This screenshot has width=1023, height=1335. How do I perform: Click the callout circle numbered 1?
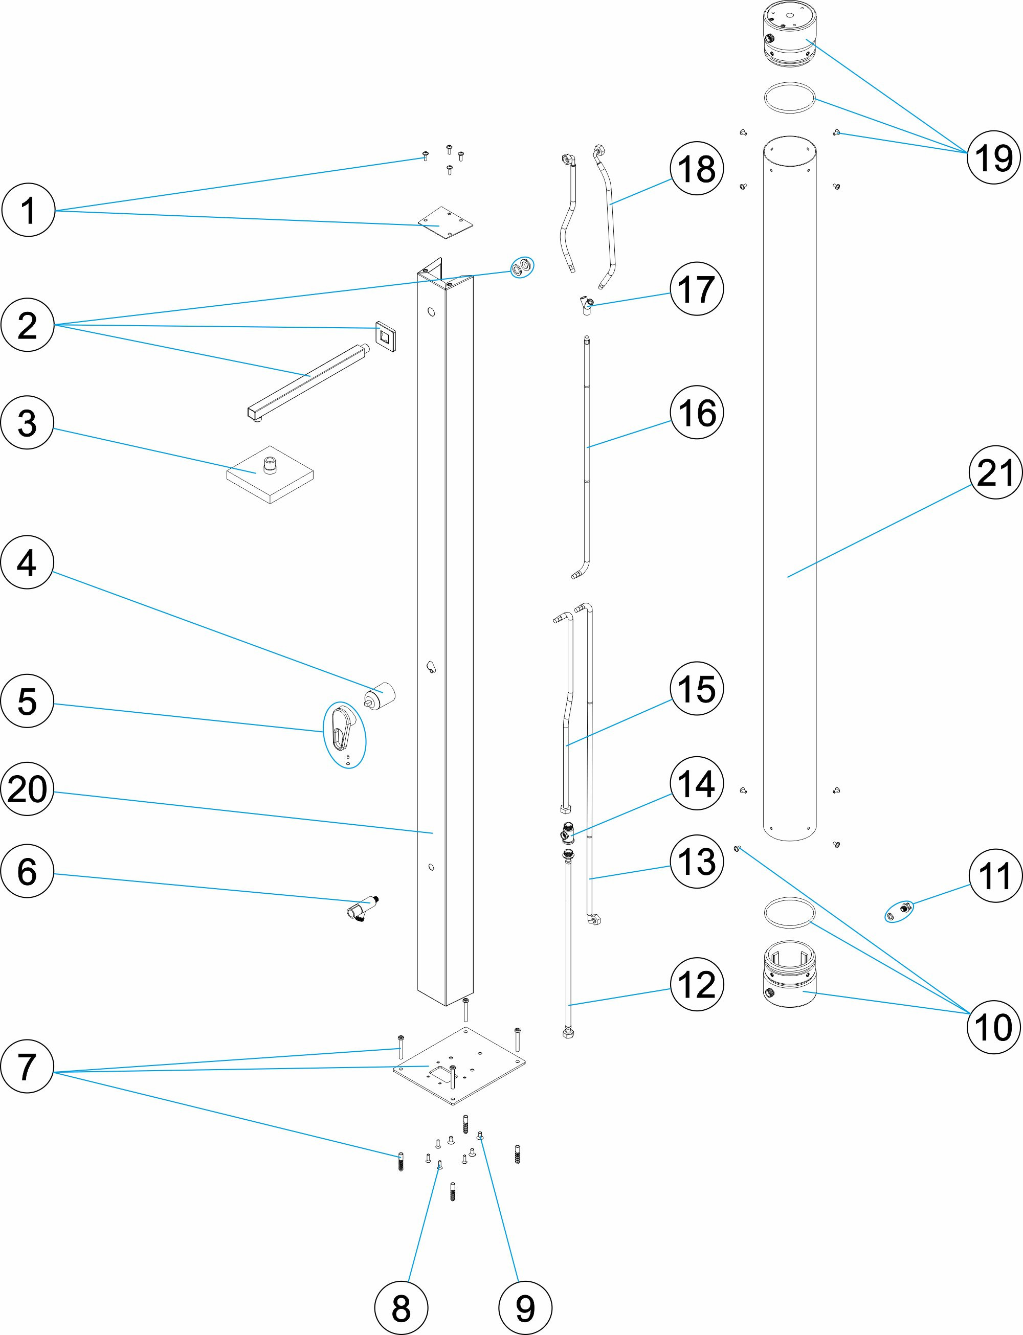[28, 211]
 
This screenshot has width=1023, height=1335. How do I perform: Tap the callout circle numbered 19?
[993, 157]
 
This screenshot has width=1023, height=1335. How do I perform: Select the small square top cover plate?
[447, 223]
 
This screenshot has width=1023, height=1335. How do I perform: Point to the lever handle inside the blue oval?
[342, 728]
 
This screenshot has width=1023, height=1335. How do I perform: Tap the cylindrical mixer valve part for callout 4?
[382, 694]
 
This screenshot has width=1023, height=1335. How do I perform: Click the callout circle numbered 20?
[28, 789]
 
